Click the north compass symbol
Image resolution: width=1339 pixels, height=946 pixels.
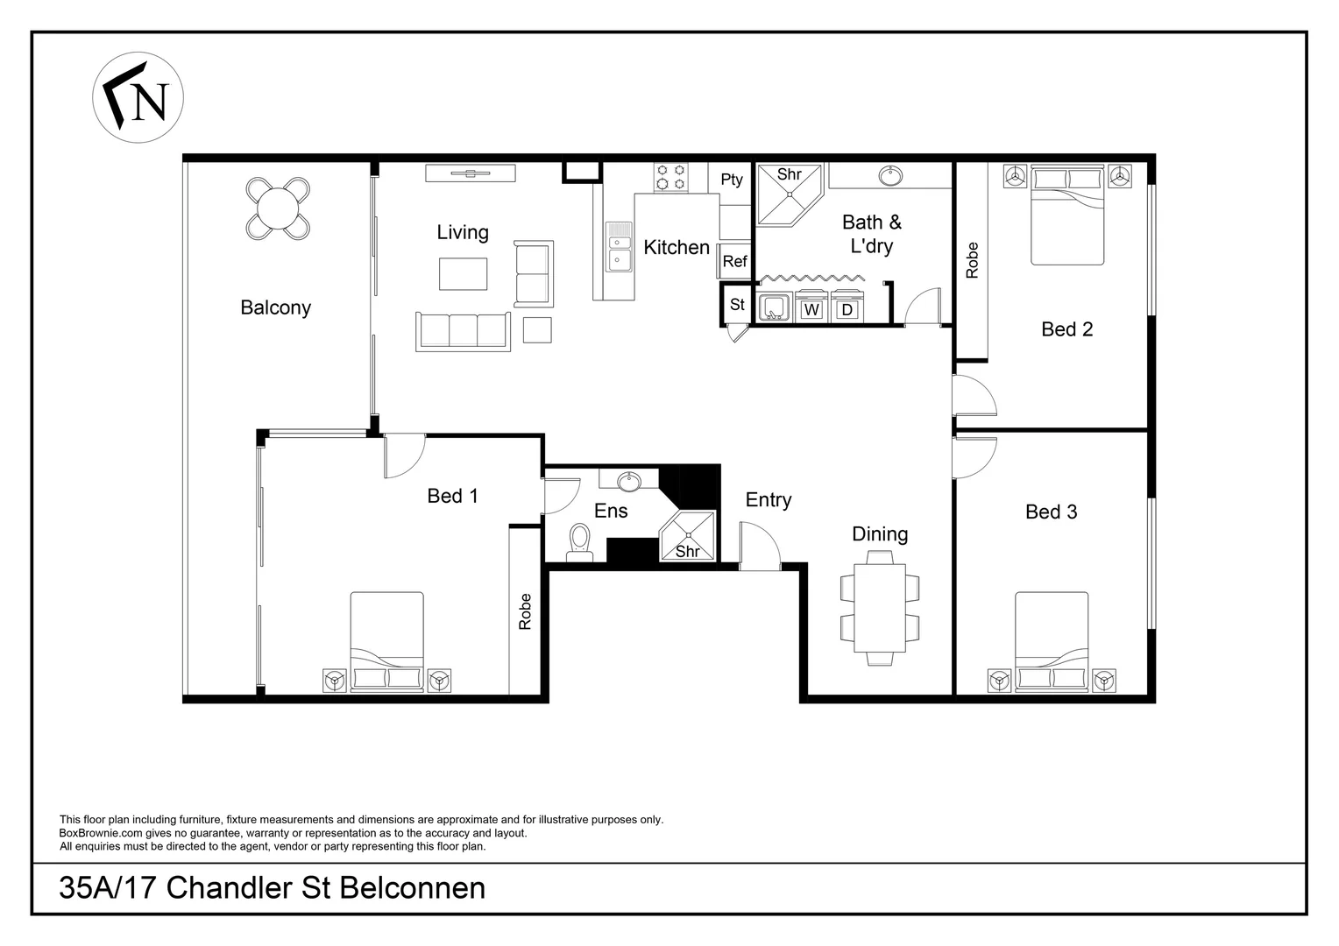[138, 97]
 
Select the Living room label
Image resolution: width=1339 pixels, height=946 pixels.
[463, 232]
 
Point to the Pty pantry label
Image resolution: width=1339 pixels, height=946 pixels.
[732, 180]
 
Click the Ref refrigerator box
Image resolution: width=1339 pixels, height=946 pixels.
[734, 261]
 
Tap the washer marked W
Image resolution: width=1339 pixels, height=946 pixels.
[812, 309]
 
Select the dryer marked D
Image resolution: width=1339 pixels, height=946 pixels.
[847, 309]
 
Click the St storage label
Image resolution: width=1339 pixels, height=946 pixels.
[737, 305]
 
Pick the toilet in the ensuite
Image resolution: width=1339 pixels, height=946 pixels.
[579, 540]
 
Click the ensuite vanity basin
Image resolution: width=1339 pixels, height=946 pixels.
[628, 481]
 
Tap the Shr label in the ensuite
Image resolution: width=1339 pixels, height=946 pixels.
[688, 552]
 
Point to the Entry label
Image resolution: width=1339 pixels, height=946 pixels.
[769, 500]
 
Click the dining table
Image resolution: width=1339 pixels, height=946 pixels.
[881, 607]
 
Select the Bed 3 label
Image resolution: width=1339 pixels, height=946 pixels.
[1051, 512]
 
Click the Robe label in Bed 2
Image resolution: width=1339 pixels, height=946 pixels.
[972, 260]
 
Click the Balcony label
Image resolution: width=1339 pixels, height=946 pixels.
[276, 307]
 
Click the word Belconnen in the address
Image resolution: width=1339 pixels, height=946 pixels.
[412, 888]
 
